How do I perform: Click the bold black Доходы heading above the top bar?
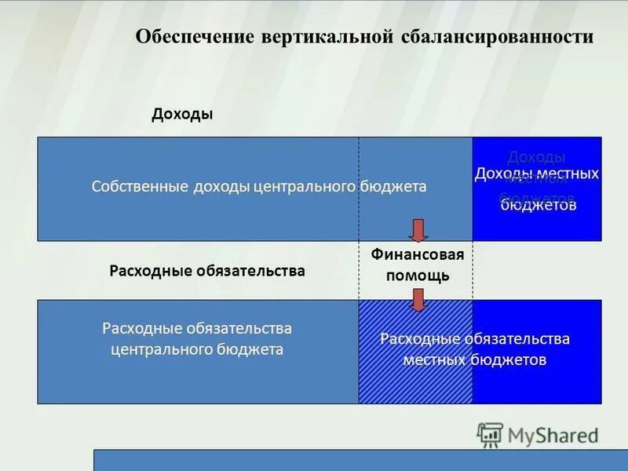(x=182, y=115)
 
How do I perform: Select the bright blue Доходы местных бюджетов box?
(x=537, y=188)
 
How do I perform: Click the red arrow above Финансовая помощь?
(x=418, y=230)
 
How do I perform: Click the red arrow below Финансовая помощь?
(x=418, y=300)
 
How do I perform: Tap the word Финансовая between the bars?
(x=418, y=255)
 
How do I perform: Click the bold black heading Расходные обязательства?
(x=207, y=271)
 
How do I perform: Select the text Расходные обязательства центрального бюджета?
(x=197, y=338)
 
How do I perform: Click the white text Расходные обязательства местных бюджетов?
(x=474, y=349)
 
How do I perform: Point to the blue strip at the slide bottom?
(x=360, y=460)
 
